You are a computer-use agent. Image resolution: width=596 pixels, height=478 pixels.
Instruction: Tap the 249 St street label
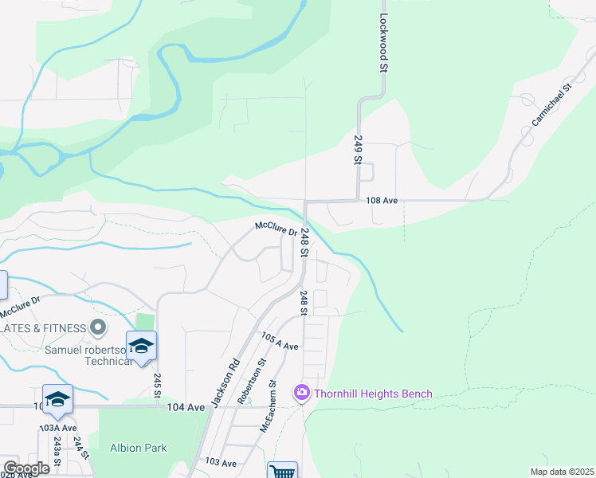coord(358,149)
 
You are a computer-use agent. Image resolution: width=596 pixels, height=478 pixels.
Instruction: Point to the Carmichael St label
coord(552,106)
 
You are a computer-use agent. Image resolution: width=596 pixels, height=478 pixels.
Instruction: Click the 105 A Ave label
coord(279,342)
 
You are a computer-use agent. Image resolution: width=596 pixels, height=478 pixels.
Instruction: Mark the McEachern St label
coord(271,406)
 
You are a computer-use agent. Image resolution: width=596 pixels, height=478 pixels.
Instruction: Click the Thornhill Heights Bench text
coord(373,394)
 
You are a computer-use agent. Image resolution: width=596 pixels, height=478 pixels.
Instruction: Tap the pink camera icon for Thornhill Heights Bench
coord(302,393)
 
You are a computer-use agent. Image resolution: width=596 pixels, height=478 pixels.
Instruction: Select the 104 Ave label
coord(186,407)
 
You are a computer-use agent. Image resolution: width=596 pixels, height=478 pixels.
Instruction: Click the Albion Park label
coord(139,448)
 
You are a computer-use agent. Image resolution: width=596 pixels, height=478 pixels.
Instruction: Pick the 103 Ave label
coord(221,463)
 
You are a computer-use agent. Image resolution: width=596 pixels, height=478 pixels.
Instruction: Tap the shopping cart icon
coord(282,472)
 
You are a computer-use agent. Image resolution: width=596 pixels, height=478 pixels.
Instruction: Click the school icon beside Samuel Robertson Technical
coord(142,346)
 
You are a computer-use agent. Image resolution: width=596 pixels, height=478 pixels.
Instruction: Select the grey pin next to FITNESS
coord(98,327)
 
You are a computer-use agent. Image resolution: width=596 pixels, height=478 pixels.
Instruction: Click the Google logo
coord(26,468)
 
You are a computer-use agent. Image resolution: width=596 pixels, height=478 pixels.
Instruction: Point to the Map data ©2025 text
coord(562,472)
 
